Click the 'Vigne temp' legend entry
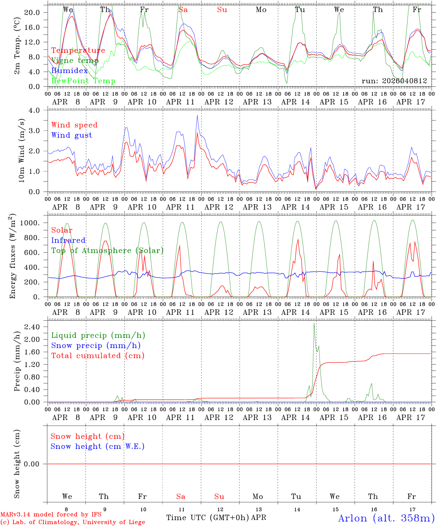[75, 61]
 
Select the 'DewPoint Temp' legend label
[83, 81]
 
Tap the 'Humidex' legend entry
[69, 71]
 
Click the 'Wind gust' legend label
[72, 135]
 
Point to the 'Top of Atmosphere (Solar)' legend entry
[107, 251]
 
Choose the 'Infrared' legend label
[68, 240]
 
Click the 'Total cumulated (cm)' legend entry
[97, 356]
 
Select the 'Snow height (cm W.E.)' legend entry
[97, 446]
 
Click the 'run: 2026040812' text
[394, 81]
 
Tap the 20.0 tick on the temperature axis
[32, 12]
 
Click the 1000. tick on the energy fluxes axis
[31, 223]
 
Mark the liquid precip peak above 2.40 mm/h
[314, 323]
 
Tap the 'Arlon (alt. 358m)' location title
[386, 518]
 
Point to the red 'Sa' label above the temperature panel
[183, 10]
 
